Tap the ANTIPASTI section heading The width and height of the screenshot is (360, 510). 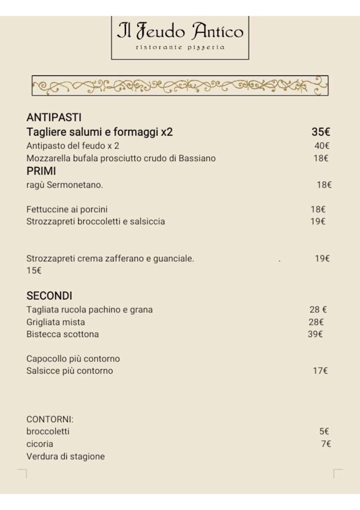coord(54,118)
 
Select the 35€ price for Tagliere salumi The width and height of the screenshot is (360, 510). coord(321,132)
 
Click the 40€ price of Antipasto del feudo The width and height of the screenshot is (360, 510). coord(322,146)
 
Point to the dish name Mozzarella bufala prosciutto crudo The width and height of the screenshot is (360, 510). coord(121,158)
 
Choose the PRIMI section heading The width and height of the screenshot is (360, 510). coord(41,171)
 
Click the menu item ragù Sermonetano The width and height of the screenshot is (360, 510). coord(65,185)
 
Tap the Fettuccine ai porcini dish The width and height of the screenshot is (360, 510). coord(67,209)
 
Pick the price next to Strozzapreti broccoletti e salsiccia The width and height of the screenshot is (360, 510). coord(318,221)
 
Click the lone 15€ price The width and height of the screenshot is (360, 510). coord(34,271)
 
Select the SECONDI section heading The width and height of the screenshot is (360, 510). coord(49,296)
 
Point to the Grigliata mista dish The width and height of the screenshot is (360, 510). coord(56,322)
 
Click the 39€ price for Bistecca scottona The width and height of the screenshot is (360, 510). coord(316,334)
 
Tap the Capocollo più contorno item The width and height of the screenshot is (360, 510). coord(73,359)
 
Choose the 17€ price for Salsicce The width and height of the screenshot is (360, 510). coord(321,370)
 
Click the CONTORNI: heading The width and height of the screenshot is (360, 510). coord(50,419)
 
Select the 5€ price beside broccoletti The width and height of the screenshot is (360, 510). coord(324,431)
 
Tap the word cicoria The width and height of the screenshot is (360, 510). coord(40,444)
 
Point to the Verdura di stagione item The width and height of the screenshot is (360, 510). coord(65,457)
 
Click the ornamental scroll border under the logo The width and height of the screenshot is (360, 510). coord(180,86)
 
